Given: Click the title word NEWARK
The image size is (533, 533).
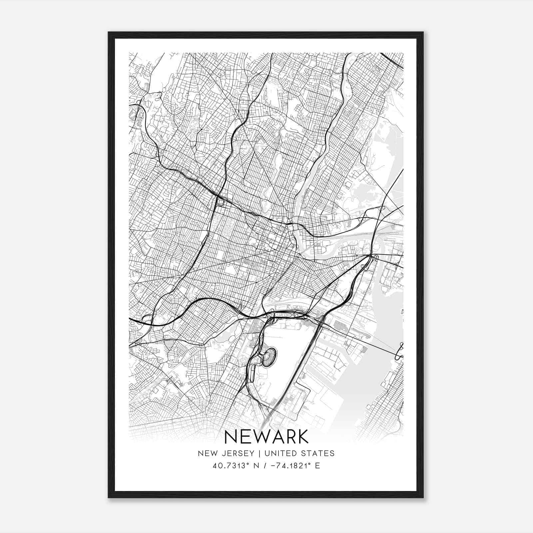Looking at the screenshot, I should (266, 437).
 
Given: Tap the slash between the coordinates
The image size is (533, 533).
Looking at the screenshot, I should (264, 466).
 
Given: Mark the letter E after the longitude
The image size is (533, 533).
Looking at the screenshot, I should (317, 466).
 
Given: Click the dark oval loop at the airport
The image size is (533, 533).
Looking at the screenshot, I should (270, 354).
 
